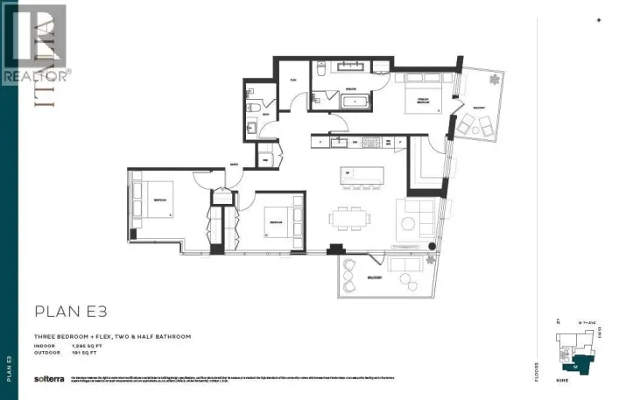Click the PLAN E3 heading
pos(71,311)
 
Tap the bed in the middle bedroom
pos(278,222)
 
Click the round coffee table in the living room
pos(407,223)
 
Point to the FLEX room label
pos(294,80)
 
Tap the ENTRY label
pos(235,164)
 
